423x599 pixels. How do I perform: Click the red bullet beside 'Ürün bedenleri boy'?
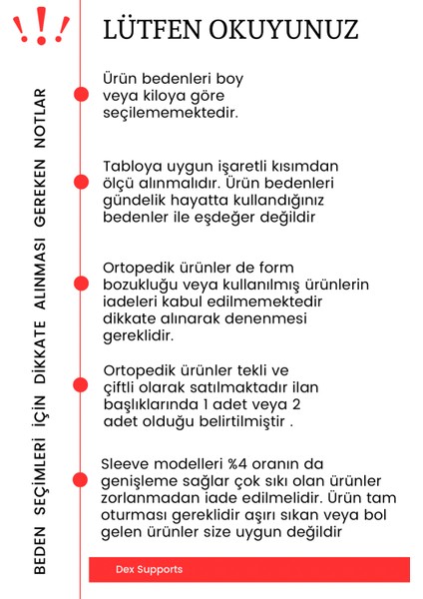[x=80, y=94]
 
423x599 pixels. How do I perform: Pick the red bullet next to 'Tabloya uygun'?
[x=80, y=182]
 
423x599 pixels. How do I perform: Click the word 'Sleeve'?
[x=127, y=464]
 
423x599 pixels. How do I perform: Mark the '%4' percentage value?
[x=226, y=464]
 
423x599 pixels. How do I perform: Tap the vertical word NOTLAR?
[x=41, y=119]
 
